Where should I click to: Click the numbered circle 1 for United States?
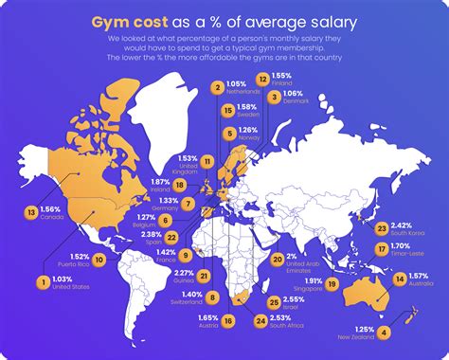[42, 281]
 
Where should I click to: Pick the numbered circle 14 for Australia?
[400, 279]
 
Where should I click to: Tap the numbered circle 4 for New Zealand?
[384, 332]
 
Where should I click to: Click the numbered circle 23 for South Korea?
[382, 228]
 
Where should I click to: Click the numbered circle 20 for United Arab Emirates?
[278, 259]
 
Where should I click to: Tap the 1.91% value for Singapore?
[314, 280]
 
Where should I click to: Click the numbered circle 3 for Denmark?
[273, 97]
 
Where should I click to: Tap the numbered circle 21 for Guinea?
[205, 275]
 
